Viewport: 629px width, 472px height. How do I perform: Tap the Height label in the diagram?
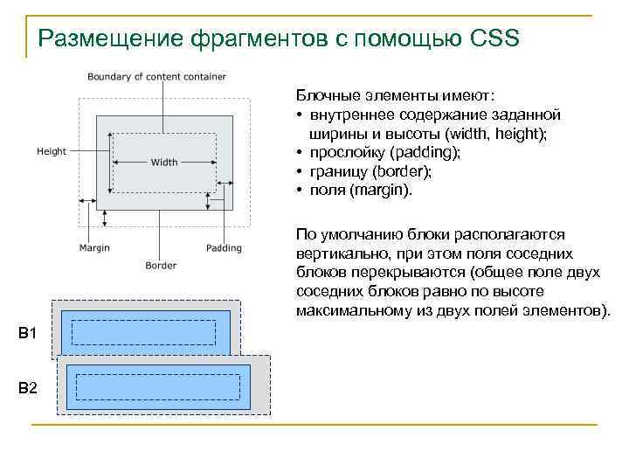[x=52, y=151]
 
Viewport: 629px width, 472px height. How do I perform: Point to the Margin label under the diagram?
[x=94, y=248]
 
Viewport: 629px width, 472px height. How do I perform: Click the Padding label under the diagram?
[x=225, y=248]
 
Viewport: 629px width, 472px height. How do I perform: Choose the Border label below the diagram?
[x=161, y=266]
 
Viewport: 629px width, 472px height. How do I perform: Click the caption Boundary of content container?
[x=157, y=77]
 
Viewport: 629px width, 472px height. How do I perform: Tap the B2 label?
[x=27, y=387]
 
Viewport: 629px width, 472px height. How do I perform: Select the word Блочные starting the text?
[x=328, y=94]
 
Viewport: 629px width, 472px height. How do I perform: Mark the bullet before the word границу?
[x=300, y=171]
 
